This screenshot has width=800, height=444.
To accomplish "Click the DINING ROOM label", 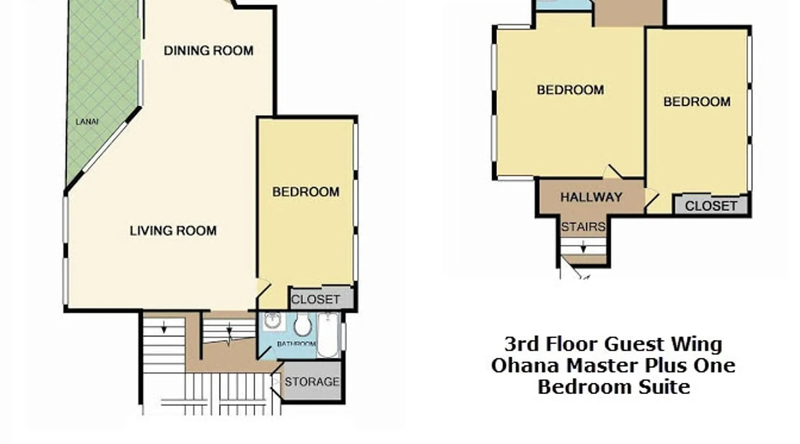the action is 208,51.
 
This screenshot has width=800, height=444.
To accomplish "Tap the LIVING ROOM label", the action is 173,230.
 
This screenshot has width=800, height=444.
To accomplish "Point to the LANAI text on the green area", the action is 87,122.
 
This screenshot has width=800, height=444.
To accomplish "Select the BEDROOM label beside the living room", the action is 306,192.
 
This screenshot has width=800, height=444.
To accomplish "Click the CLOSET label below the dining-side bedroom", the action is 316,300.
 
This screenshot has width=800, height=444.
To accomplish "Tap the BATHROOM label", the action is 296,344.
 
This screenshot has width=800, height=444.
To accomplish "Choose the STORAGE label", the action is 312,382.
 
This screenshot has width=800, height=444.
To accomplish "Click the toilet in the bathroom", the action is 303,325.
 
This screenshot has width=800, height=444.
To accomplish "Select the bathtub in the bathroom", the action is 328,335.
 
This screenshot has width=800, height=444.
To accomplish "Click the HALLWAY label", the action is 591,197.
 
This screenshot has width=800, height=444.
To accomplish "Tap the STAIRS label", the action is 583,227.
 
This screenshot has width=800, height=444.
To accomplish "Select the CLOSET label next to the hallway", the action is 711,206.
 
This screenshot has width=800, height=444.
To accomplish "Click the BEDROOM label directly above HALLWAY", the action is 570,90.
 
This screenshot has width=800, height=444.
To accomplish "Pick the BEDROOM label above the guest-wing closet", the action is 697,102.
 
